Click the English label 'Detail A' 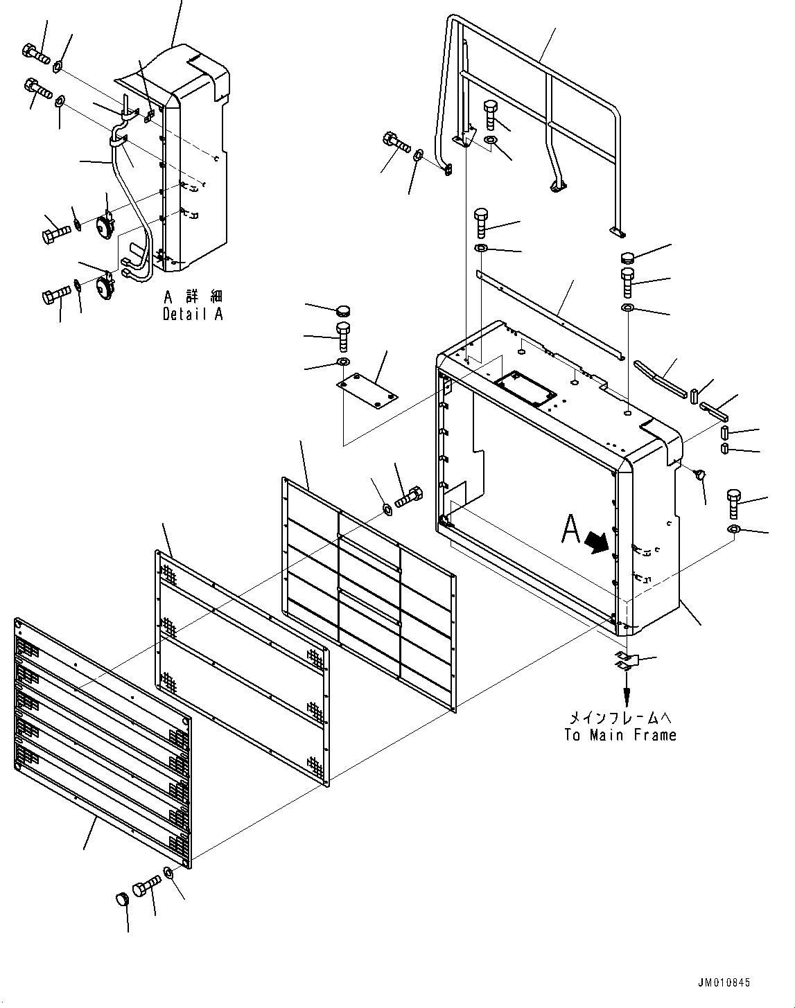click(x=193, y=314)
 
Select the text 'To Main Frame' click(x=620, y=735)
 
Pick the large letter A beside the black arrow click(x=570, y=530)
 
